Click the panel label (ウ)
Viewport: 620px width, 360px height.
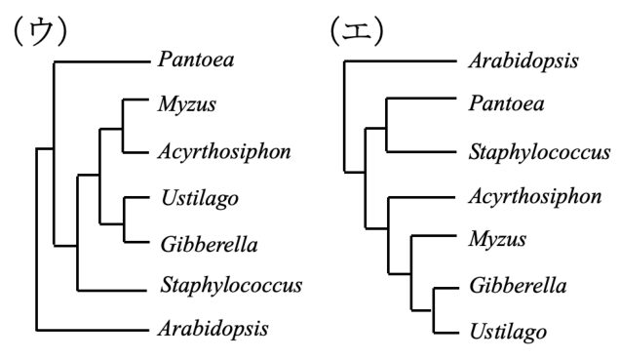tap(40, 31)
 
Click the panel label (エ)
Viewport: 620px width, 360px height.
tap(357, 31)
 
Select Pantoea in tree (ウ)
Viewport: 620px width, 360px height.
tap(196, 60)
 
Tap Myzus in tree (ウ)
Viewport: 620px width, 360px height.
tap(187, 104)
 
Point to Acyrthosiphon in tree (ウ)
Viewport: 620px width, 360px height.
tap(224, 152)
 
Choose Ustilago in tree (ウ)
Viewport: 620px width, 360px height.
tap(200, 198)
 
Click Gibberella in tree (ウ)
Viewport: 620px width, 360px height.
tap(210, 245)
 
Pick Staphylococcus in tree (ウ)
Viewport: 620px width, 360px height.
tap(231, 286)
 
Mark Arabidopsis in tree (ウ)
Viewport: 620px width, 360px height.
tap(213, 329)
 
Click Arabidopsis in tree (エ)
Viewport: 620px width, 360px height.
tap(523, 61)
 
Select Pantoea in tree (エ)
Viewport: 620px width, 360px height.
tap(507, 103)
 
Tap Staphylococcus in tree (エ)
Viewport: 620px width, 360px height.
tap(539, 153)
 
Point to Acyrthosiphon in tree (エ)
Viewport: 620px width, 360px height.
tap(535, 197)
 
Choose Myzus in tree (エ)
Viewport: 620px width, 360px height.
tap(497, 239)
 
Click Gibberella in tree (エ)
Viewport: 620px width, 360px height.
tap(518, 286)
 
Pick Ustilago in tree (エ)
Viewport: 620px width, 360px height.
tap(509, 332)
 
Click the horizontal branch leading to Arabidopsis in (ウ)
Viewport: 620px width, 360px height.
tap(93, 330)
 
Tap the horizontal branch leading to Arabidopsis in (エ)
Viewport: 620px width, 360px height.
tap(400, 61)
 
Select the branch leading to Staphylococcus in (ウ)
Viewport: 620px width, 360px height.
tap(112, 291)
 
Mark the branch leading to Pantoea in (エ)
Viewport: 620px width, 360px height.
tap(421, 98)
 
